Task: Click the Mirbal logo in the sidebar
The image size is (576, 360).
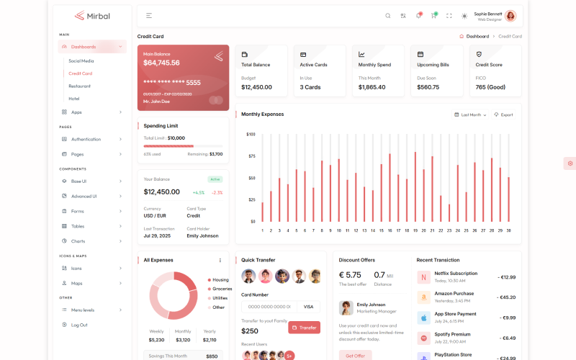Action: click(92, 15)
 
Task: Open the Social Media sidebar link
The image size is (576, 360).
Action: click(81, 60)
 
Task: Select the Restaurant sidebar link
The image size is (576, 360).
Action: click(79, 86)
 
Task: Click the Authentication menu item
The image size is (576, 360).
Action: click(86, 139)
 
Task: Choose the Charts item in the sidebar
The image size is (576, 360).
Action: click(78, 241)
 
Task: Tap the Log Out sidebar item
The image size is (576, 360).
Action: click(79, 325)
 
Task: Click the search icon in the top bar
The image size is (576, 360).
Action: click(387, 15)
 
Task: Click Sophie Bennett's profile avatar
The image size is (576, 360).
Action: click(510, 15)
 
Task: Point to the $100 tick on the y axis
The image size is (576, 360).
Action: click(251, 134)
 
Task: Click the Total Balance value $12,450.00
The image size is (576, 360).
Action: click(256, 87)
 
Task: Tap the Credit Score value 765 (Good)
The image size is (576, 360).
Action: click(490, 87)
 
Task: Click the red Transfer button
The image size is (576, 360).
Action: click(304, 328)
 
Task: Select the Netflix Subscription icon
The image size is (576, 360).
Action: click(423, 276)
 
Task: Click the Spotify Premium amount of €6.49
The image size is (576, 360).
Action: click(507, 338)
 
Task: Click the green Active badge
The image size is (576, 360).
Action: click(215, 179)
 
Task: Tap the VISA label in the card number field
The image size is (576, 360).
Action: click(308, 306)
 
